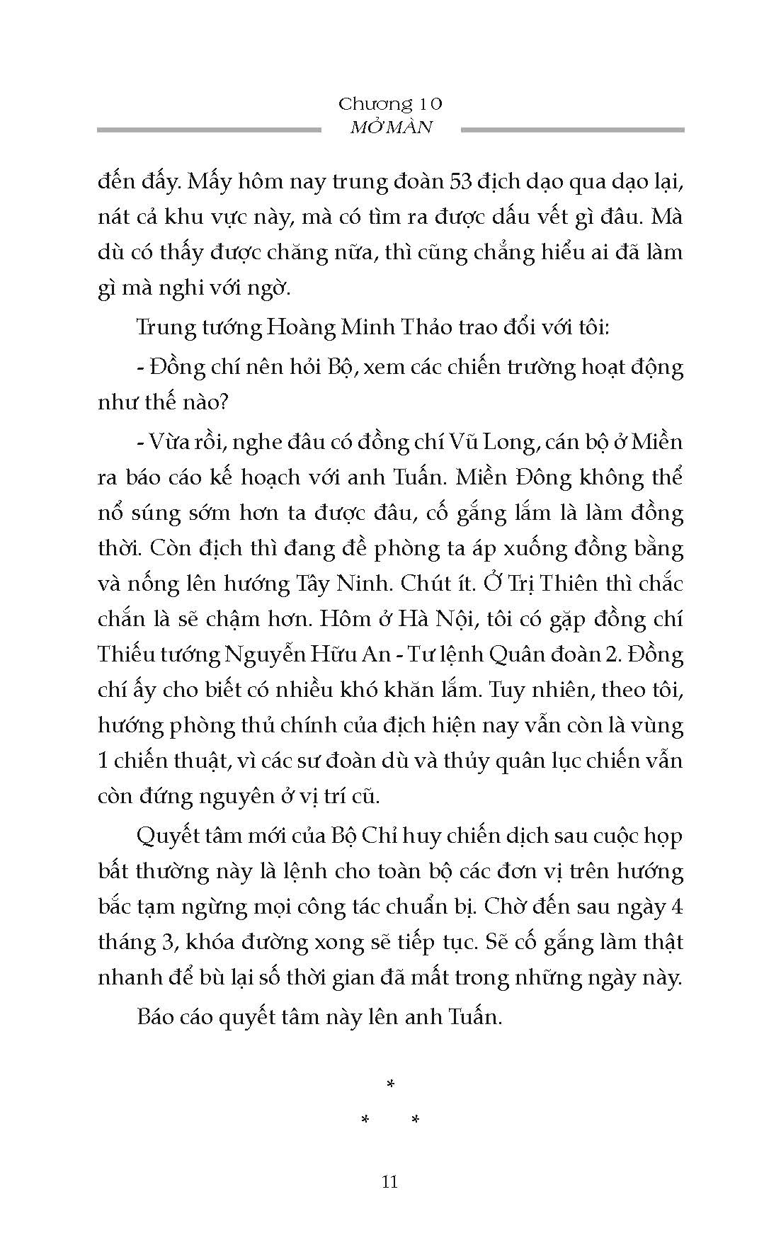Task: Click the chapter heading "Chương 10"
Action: (x=390, y=104)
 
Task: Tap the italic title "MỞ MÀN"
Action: (x=391, y=128)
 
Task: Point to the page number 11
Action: (x=389, y=1182)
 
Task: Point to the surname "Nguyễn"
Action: (x=261, y=656)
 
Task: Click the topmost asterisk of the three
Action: (x=390, y=1084)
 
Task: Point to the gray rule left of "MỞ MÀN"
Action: (x=208, y=130)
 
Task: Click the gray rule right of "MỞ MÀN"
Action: (x=572, y=130)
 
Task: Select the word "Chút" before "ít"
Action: (x=423, y=584)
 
